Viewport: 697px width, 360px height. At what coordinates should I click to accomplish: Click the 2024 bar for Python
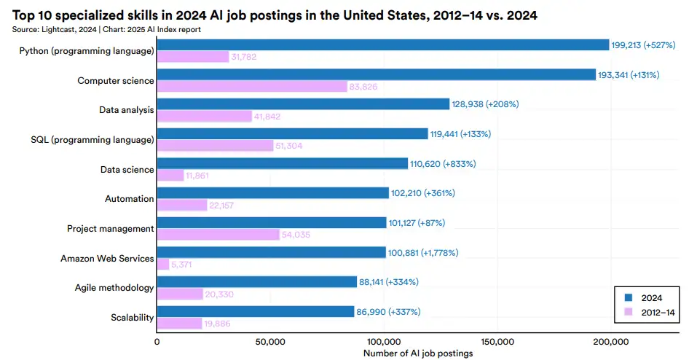coord(383,45)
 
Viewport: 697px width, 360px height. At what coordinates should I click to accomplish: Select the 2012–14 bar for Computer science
coord(252,87)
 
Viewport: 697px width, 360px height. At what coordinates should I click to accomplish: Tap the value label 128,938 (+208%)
coord(486,104)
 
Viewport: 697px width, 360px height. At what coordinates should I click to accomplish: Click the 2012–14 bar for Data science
coord(170,175)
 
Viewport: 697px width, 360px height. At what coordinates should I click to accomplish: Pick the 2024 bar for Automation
coord(272,193)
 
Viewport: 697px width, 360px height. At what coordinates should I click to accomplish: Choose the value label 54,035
coord(298,235)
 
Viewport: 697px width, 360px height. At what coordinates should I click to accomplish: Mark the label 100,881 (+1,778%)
coord(424,253)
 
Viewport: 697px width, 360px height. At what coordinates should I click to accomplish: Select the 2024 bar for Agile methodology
coord(256,282)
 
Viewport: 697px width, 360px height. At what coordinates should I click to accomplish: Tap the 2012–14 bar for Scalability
coord(179,323)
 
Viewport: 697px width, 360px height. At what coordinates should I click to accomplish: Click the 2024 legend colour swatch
coord(629,297)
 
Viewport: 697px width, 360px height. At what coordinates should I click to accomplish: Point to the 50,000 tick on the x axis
coord(271,340)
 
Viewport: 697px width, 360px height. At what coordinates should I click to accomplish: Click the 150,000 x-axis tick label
coord(497,340)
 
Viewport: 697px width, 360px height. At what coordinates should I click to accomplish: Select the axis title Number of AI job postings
coord(417,353)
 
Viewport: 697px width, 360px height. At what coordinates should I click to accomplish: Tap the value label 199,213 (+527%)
coord(646,44)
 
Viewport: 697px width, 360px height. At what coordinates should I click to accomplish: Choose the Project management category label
coord(111,228)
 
